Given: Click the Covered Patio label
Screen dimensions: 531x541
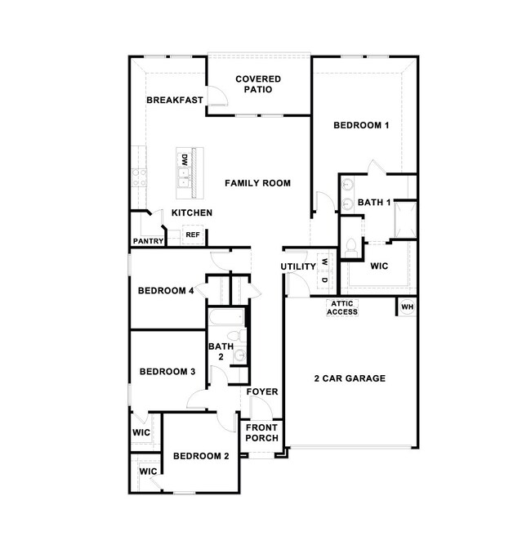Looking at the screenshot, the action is pos(258,84).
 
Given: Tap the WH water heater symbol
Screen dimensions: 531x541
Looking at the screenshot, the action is pos(407,306).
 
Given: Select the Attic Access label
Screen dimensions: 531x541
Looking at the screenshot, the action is pos(342,308).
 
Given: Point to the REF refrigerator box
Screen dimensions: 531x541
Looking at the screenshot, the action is pos(193,235).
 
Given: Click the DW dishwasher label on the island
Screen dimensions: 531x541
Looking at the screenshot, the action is pos(185,159).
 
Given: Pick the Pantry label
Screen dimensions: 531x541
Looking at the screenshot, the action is pos(148,241).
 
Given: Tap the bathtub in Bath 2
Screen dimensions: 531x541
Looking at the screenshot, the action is pos(227,317).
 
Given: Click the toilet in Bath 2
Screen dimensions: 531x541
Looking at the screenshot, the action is pos(237,336).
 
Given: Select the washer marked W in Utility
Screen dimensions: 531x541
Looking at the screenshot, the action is pos(324,262).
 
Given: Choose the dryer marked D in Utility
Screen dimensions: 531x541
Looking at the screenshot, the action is pos(324,279).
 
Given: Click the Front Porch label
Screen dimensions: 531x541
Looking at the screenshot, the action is pos(261,432).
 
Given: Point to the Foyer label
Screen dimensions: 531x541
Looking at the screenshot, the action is pos(262,391).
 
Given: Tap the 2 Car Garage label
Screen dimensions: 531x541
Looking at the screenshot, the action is pos(350,378).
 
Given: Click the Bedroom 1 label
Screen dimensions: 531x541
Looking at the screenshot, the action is pos(361,125).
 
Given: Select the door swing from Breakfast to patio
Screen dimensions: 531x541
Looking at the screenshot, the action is pos(218,95).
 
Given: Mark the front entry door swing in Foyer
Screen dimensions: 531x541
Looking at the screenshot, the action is pos(261,407).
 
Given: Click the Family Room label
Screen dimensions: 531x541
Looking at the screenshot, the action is pos(257,183).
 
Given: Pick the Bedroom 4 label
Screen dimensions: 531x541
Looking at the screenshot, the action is pos(166,290).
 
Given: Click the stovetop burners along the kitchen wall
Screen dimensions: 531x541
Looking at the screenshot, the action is pos(139,177).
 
